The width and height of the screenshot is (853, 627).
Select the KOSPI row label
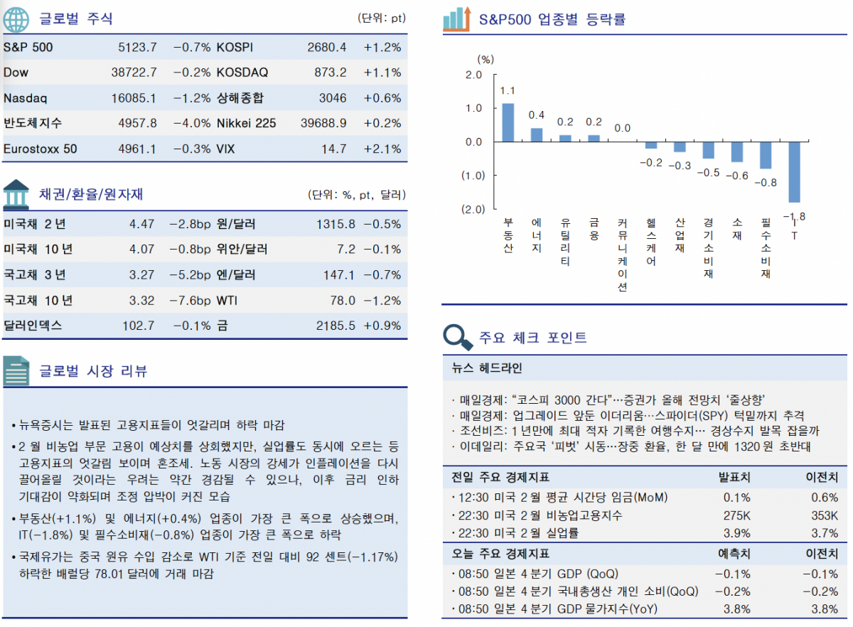tap(235, 48)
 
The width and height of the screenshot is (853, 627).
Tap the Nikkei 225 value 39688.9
tap(323, 123)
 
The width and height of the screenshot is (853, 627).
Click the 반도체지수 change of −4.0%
tap(191, 123)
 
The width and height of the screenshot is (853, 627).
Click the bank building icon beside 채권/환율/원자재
tap(16, 193)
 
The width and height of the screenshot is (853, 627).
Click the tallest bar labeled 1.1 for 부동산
tap(508, 122)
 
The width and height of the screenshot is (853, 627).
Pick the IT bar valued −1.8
tap(794, 172)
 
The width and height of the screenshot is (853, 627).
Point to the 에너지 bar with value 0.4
tap(537, 135)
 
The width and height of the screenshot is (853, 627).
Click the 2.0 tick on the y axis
tap(473, 75)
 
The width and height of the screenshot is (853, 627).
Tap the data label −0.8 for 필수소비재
tap(765, 183)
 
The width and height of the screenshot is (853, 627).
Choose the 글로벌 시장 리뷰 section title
tap(92, 370)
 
